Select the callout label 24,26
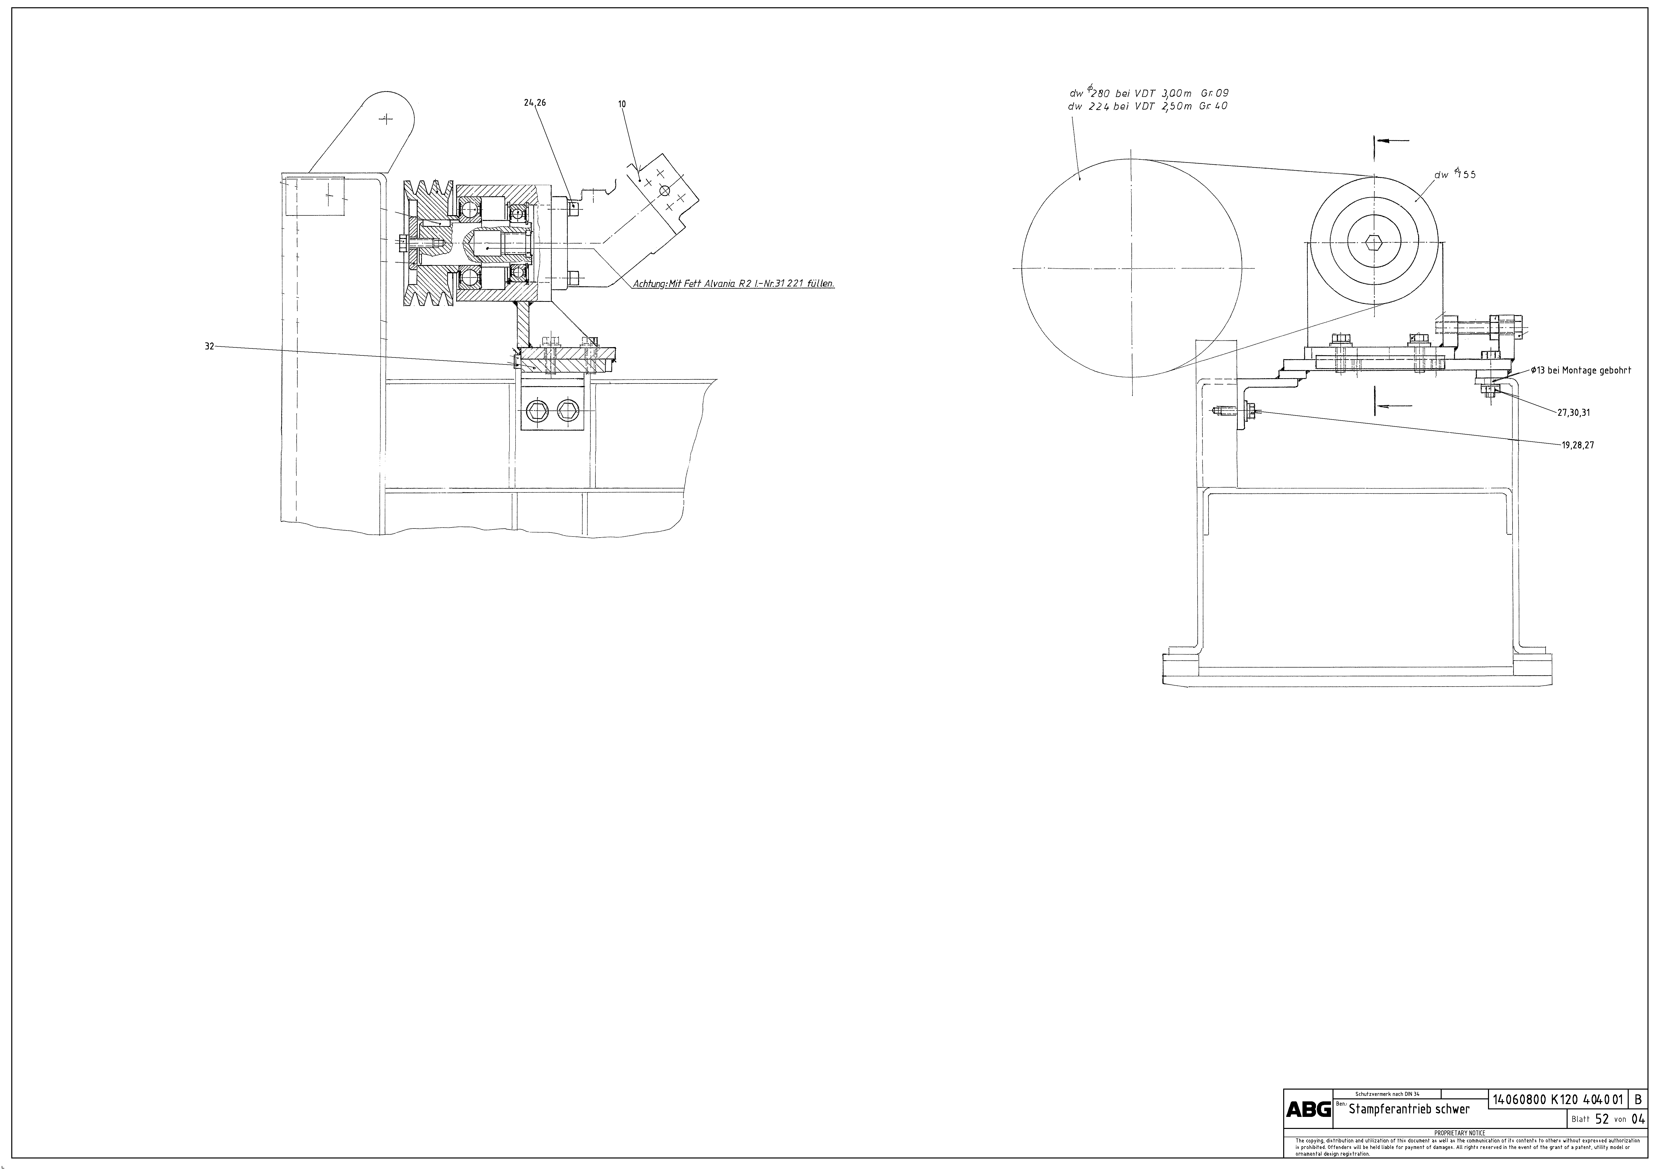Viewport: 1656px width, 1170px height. coord(535,103)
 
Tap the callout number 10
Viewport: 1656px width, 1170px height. coord(622,104)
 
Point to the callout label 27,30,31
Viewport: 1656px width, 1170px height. coord(1574,413)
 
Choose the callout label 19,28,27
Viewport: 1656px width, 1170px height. coord(1578,445)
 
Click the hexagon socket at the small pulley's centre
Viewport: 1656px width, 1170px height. coord(1374,243)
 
